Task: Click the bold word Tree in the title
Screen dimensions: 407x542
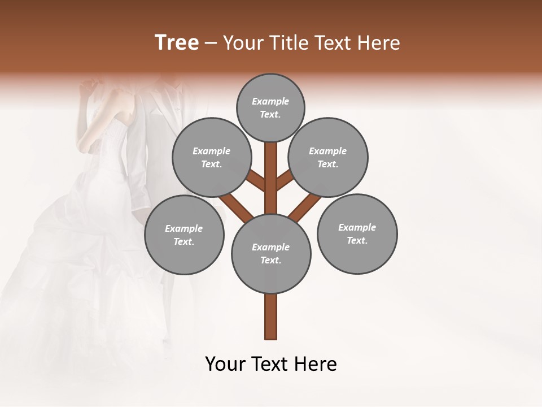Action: click(x=177, y=43)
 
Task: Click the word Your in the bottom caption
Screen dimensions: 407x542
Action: click(x=225, y=364)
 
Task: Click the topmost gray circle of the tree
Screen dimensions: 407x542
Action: click(x=270, y=107)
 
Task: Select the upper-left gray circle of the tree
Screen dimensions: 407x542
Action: click(x=211, y=157)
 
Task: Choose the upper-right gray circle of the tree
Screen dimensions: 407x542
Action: click(x=328, y=157)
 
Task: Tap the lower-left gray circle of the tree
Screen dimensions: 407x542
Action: click(x=184, y=235)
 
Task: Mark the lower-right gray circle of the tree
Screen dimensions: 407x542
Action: click(x=357, y=233)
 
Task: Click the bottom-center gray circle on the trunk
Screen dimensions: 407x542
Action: click(x=271, y=253)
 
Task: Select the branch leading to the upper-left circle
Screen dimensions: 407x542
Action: click(x=257, y=181)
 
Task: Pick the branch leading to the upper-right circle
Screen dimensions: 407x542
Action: click(x=285, y=181)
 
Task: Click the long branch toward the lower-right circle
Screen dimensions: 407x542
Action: click(x=305, y=207)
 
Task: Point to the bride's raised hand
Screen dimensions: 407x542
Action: click(x=87, y=88)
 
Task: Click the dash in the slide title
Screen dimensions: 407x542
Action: click(x=211, y=44)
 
